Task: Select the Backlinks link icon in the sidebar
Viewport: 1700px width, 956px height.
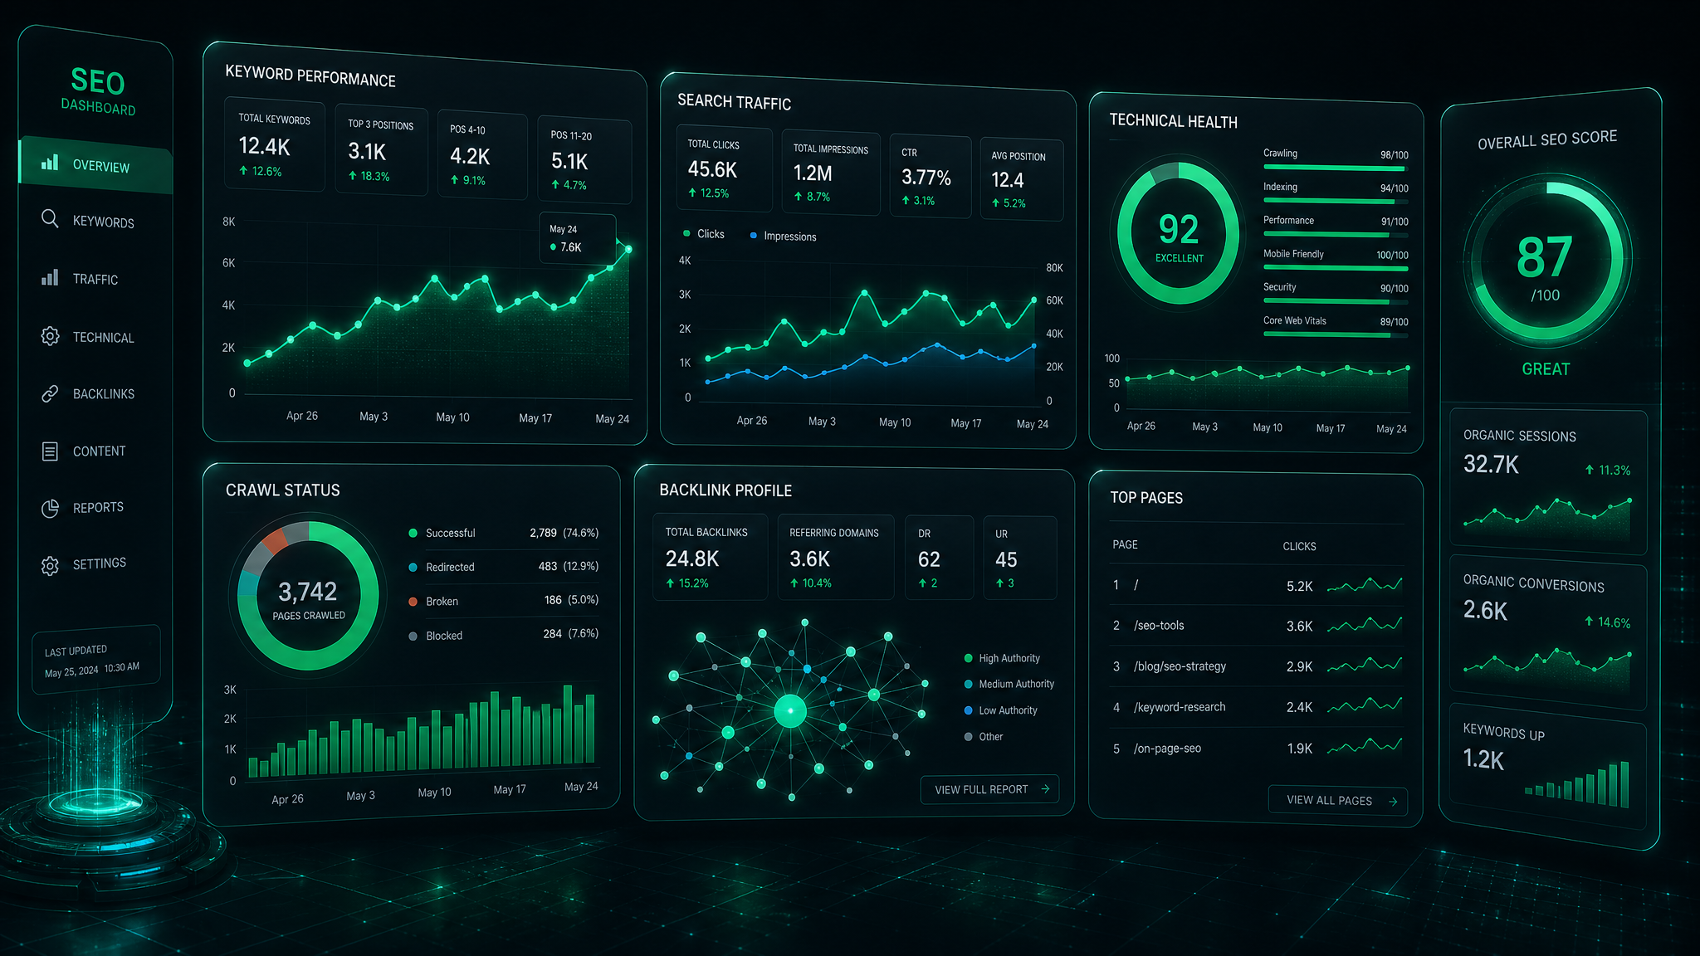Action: tap(50, 393)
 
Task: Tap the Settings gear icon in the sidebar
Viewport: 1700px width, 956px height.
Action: tap(50, 566)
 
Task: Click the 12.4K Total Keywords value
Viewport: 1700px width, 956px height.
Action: tap(264, 147)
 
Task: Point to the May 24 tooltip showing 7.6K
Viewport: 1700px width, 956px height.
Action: tap(578, 239)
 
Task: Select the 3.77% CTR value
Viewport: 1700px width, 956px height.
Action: tap(926, 178)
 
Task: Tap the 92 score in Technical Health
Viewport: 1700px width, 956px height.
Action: tap(1179, 229)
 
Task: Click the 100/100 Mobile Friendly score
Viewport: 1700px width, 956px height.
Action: tap(1392, 256)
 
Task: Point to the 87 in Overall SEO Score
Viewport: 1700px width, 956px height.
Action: tap(1545, 257)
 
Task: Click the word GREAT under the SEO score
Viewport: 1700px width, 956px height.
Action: tap(1546, 369)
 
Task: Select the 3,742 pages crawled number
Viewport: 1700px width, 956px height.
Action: tap(308, 592)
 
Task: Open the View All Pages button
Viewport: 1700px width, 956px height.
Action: tap(1337, 801)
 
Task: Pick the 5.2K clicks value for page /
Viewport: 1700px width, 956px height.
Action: tap(1300, 587)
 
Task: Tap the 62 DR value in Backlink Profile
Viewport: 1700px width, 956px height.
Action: tap(929, 559)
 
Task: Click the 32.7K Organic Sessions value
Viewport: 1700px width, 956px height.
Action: tap(1491, 465)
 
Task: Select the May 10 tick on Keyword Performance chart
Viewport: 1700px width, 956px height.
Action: tap(452, 417)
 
